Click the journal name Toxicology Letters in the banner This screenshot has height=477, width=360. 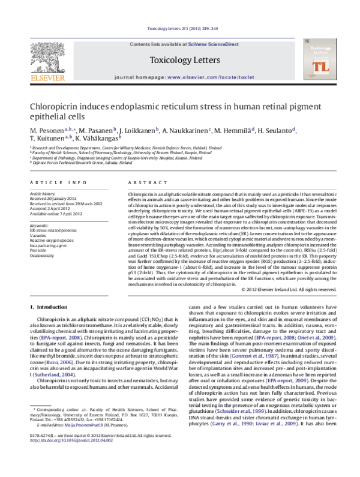click(x=179, y=59)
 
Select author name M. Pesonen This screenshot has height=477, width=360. click(x=49, y=131)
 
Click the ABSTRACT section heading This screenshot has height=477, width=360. click(x=144, y=182)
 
